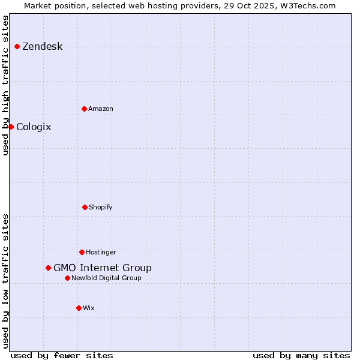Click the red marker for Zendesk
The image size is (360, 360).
[17, 46]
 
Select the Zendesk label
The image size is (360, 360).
[42, 47]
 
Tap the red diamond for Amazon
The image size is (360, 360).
[84, 109]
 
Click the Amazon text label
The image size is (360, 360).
[100, 109]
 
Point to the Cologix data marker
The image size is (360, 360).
[11, 127]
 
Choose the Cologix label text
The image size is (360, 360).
[34, 127]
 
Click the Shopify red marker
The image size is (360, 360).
[85, 207]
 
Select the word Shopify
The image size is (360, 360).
[100, 208]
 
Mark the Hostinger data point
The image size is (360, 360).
[82, 252]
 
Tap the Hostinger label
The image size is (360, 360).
[101, 253]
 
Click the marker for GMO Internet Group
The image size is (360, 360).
[48, 268]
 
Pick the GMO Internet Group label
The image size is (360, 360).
[103, 268]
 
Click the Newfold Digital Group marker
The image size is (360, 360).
[67, 278]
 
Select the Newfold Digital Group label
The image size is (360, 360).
[106, 278]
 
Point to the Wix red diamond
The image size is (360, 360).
[79, 308]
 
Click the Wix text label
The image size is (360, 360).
[89, 308]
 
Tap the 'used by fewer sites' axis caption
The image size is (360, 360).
[62, 356]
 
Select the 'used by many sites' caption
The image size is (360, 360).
[301, 356]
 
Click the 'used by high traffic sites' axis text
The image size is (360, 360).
[6, 85]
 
